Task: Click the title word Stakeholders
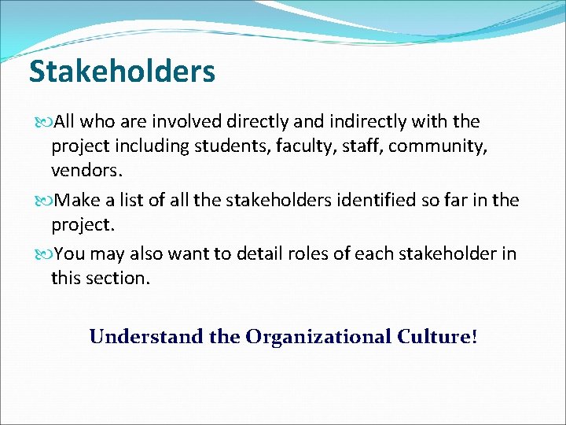pyautogui.click(x=122, y=72)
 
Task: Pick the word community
pyautogui.click(x=443, y=146)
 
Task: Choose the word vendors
pyautogui.click(x=85, y=171)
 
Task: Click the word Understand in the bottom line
pyautogui.click(x=134, y=338)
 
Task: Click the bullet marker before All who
pyautogui.click(x=41, y=122)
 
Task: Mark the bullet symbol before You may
pyautogui.click(x=41, y=254)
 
